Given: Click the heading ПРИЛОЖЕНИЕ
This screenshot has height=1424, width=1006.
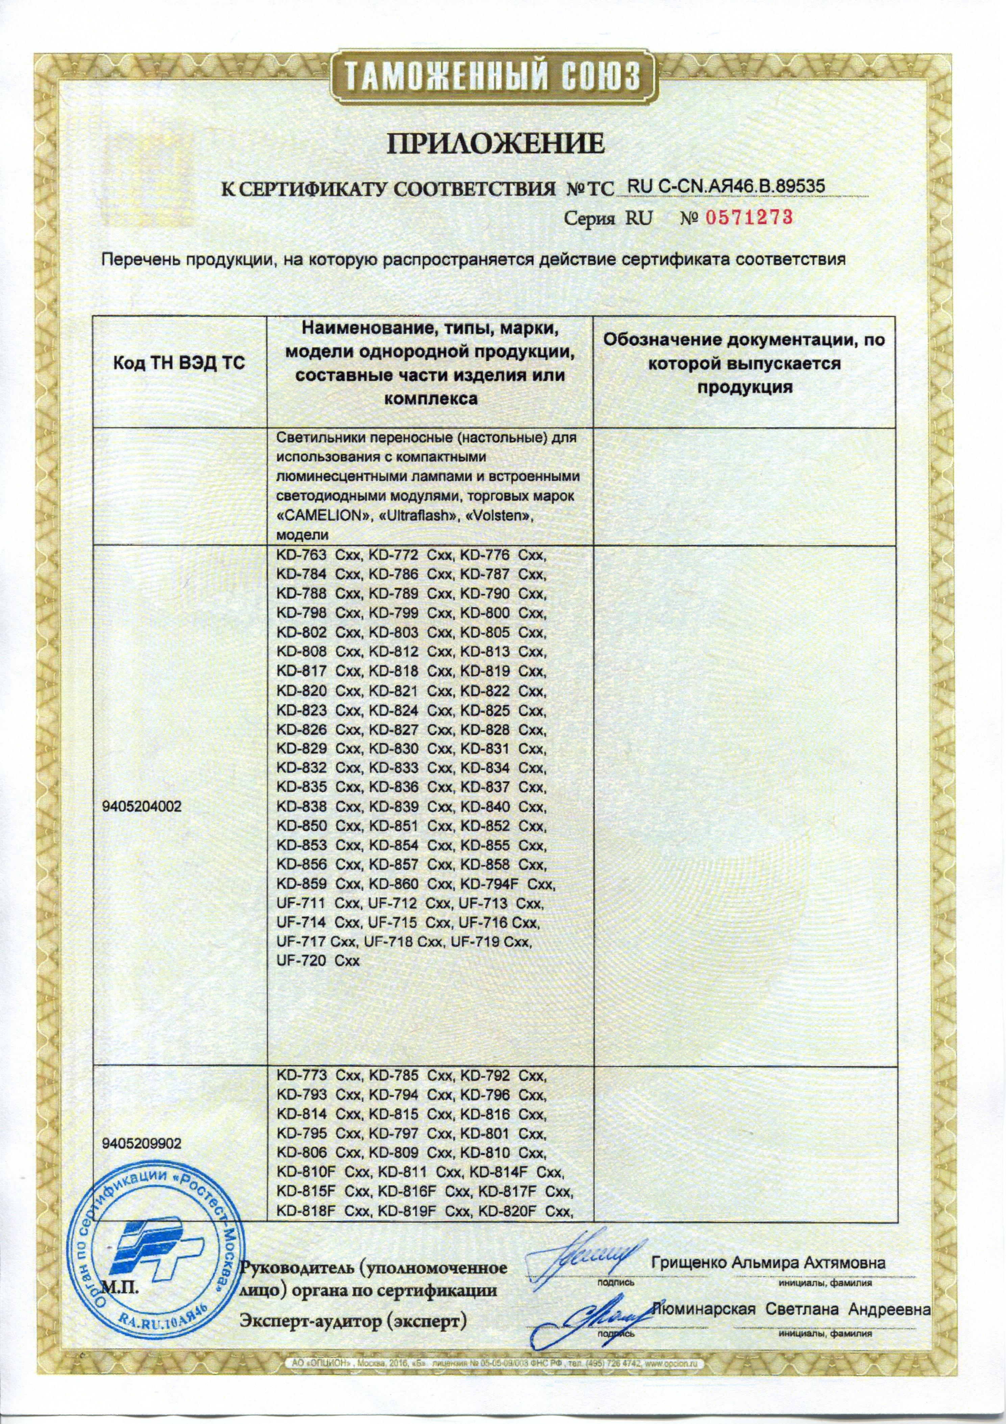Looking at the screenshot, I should point(495,144).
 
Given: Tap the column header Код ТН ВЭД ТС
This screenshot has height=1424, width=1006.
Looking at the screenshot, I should point(179,363).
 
